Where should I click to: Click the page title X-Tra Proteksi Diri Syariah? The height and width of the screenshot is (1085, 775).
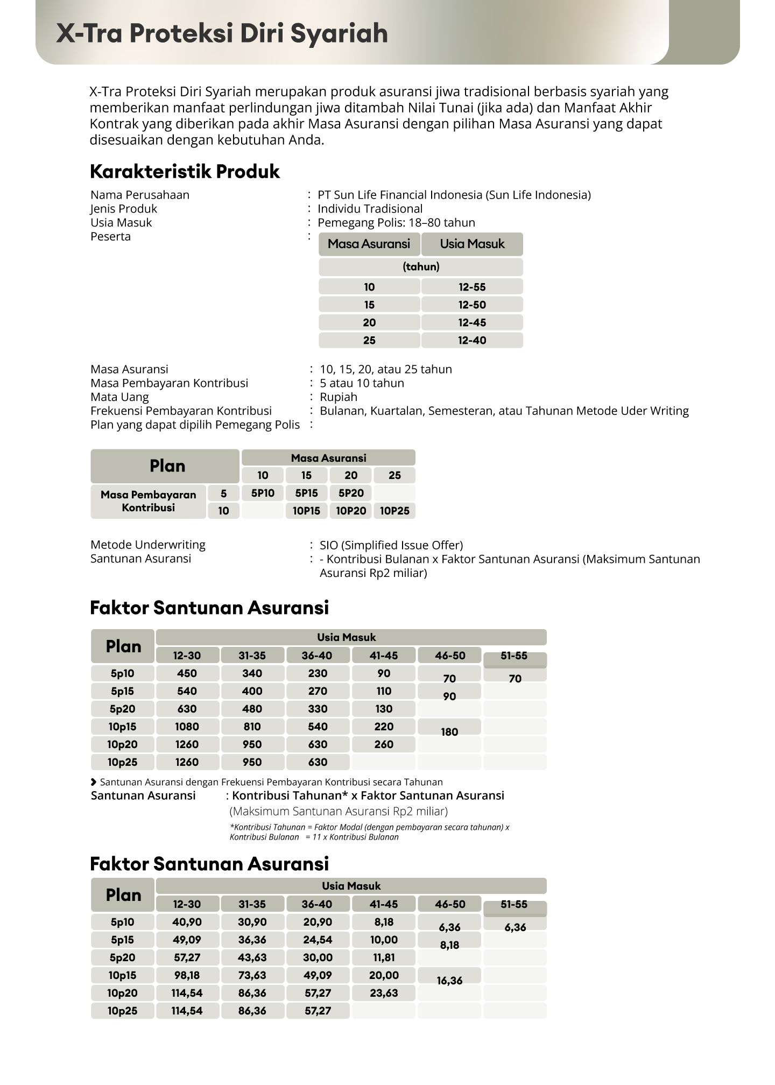pos(222,33)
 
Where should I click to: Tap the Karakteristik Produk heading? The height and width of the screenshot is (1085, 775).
pos(185,172)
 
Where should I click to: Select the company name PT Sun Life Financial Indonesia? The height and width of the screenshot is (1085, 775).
pos(454,195)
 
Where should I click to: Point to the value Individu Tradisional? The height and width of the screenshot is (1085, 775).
pos(370,209)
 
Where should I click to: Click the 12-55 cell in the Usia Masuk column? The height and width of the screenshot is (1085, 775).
pos(472,287)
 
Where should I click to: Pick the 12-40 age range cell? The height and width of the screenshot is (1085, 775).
pos(472,340)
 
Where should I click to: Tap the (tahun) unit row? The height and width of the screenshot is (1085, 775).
pos(421,266)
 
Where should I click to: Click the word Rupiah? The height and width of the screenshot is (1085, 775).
pos(339,397)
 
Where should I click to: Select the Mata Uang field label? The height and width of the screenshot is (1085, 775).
pos(119,397)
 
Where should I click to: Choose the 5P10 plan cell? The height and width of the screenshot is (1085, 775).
pos(263,493)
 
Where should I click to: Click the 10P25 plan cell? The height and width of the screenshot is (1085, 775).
pos(394,511)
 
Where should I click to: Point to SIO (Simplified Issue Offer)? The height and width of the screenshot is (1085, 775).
pos(391,545)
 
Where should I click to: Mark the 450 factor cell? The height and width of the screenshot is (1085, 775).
pos(187,673)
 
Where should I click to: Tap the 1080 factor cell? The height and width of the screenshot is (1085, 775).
pos(187,727)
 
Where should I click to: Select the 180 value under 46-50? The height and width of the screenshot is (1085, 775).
pos(449,732)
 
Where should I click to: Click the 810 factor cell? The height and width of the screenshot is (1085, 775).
pos(252,727)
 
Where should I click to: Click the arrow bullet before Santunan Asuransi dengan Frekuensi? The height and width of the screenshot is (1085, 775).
pos(94,782)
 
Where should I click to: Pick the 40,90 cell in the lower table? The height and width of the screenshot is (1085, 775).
pos(187,922)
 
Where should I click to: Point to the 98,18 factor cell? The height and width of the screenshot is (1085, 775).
pos(187,975)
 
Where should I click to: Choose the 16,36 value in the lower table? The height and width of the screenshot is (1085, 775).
pos(449,981)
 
